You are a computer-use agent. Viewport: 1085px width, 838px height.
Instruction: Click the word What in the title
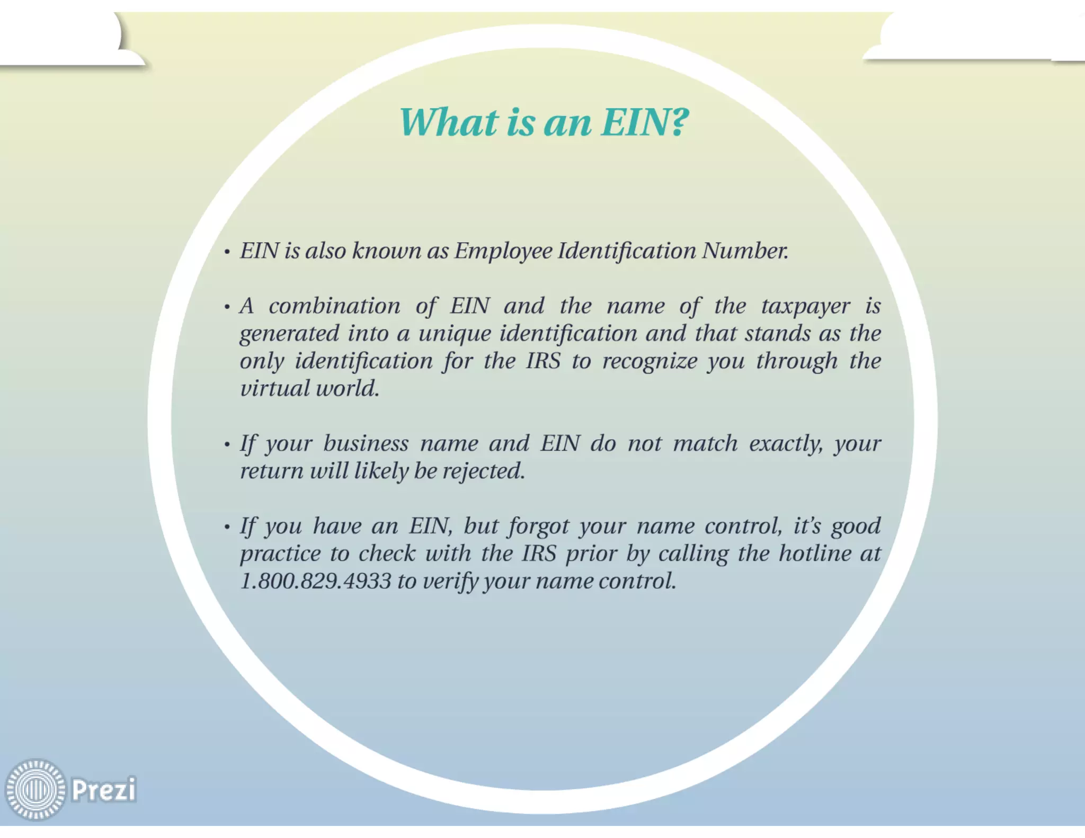(x=449, y=122)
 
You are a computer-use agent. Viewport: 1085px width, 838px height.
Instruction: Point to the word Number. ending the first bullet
(x=745, y=251)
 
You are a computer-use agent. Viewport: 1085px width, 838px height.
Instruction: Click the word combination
(x=334, y=306)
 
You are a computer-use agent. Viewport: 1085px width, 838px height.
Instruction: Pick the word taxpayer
(x=806, y=306)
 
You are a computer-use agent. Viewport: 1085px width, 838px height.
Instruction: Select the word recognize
(x=650, y=361)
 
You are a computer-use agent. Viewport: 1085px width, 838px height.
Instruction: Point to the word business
(x=366, y=444)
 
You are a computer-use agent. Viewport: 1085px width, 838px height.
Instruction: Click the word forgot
(x=538, y=527)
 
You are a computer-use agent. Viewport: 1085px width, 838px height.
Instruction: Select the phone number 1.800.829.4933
(x=315, y=581)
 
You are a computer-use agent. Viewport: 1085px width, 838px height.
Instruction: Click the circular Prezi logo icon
(x=35, y=789)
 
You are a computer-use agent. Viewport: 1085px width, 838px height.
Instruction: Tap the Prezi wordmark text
(x=104, y=789)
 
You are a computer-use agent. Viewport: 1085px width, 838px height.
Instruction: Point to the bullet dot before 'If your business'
(x=227, y=445)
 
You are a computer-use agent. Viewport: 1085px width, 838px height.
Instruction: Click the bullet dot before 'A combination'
(x=227, y=307)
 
